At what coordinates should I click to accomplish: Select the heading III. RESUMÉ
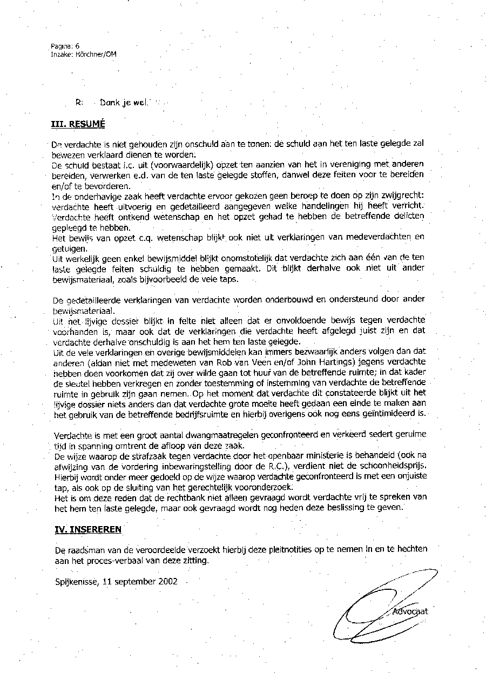click(x=78, y=124)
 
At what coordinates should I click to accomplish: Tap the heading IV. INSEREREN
click(x=89, y=529)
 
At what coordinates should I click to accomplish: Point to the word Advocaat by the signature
click(x=410, y=611)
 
